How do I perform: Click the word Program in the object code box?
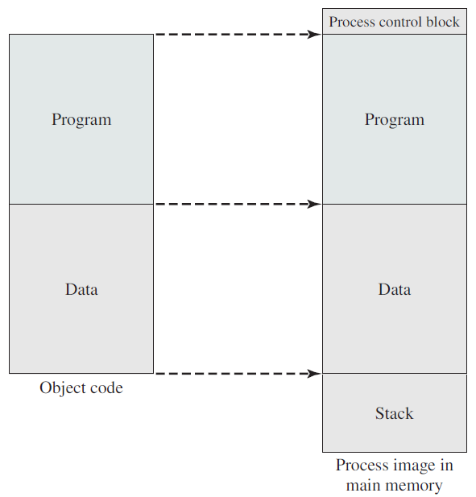tap(81, 120)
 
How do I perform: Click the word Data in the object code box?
tap(81, 289)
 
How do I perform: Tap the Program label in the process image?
tap(395, 120)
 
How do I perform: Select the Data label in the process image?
tap(395, 289)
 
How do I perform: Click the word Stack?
tap(395, 413)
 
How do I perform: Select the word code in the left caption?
tap(106, 388)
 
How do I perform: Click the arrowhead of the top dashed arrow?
tap(314, 34)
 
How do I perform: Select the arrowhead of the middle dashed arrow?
tap(314, 204)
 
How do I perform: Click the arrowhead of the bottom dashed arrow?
tap(314, 374)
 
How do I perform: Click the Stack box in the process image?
tap(395, 413)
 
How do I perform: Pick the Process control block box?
tap(395, 21)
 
